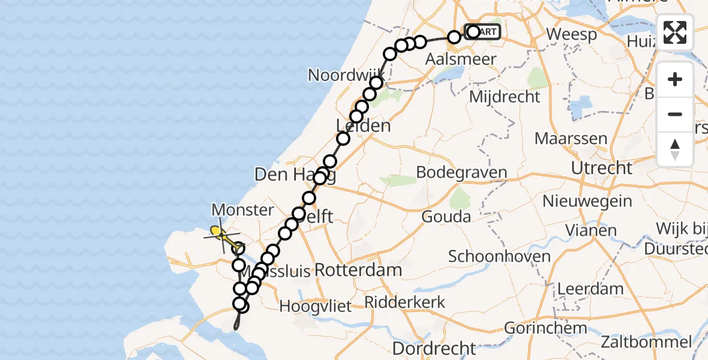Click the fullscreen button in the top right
click(675, 32)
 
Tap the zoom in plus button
click(675, 80)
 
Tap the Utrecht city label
click(601, 167)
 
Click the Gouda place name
click(446, 216)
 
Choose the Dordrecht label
click(434, 348)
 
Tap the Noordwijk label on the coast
click(345, 75)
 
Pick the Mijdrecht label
click(505, 96)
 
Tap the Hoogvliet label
click(316, 306)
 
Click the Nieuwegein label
click(587, 200)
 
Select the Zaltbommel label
click(649, 343)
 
